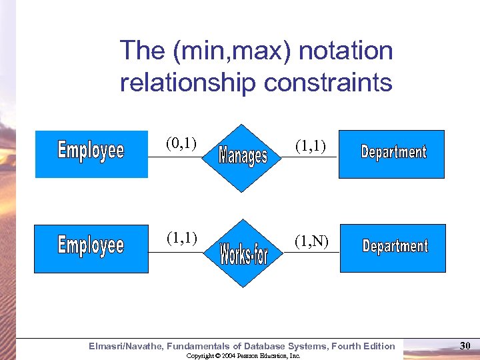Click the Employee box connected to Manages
(91, 154)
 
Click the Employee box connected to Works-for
(91, 249)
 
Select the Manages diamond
(244, 157)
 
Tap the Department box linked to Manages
(391, 154)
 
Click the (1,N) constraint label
(311, 242)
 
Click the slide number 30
(465, 345)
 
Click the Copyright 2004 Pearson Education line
(243, 356)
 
